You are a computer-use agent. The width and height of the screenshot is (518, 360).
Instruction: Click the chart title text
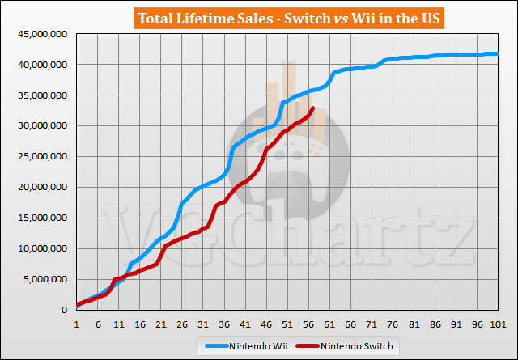coord(258,19)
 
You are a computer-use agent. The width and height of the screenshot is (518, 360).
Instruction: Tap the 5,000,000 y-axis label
coord(41,279)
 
